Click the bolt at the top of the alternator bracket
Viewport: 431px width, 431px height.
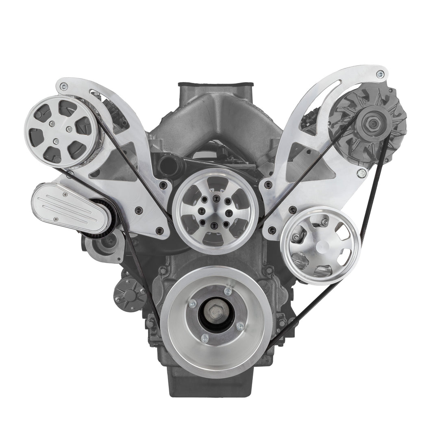coord(379,74)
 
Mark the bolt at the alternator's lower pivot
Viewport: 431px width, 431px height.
coord(359,174)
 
